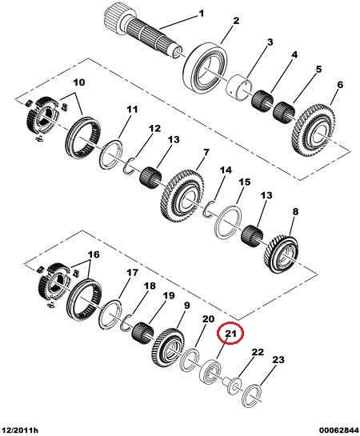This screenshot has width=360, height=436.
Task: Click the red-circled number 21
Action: click(230, 334)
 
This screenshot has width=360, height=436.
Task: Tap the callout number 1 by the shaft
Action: click(202, 13)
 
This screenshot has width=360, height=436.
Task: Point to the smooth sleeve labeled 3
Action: click(238, 86)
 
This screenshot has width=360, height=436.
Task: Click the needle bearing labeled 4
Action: click(262, 102)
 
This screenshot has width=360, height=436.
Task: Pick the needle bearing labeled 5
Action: click(284, 113)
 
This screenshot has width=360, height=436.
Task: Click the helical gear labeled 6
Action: click(314, 130)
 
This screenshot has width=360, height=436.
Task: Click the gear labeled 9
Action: click(168, 347)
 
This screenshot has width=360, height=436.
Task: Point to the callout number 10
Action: click(79, 82)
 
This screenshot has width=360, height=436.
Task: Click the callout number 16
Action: click(94, 254)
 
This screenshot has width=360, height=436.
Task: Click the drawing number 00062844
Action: click(339, 430)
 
